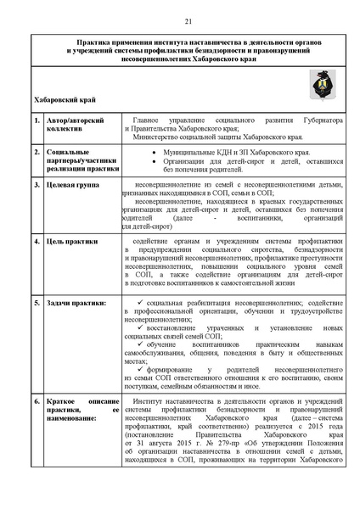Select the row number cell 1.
point(37,127)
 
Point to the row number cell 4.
point(37,242)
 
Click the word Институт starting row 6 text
point(149,398)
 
